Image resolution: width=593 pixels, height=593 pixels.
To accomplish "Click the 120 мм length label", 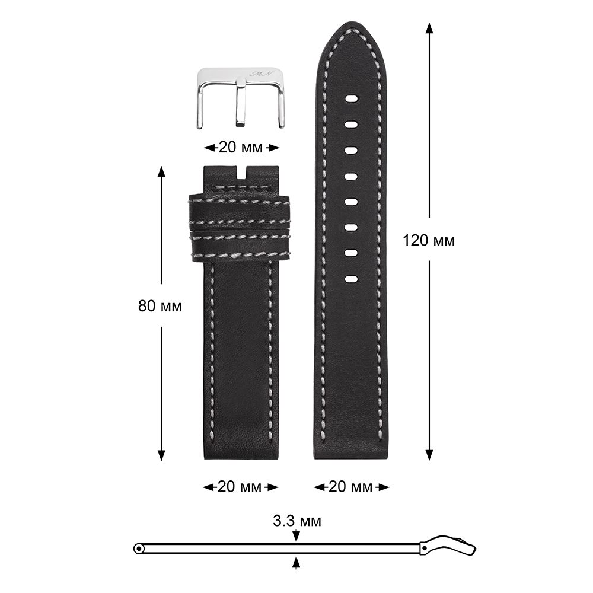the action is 429,241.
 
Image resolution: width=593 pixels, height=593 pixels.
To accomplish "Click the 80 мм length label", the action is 160,306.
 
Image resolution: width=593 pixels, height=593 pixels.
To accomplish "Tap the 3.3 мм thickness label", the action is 297,521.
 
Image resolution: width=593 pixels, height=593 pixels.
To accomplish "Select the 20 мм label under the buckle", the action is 241,148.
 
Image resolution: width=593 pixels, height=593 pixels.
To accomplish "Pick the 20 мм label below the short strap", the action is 240,487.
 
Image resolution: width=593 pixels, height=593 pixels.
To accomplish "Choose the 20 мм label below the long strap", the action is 350,487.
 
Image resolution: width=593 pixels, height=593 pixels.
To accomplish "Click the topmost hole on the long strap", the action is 351,99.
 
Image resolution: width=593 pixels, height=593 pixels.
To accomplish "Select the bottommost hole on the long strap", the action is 351,279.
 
